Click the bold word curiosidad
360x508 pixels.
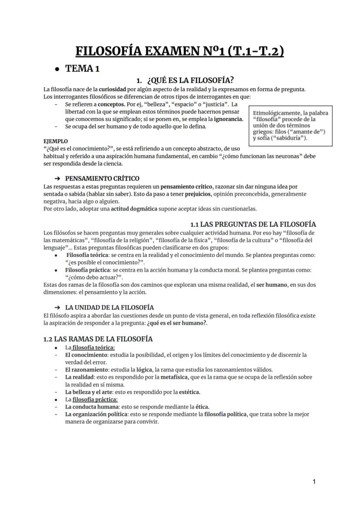tap(113, 90)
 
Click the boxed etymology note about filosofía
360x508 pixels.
tap(290, 126)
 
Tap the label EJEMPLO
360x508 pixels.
tap(56, 141)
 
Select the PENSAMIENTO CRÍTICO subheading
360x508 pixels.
tap(102, 178)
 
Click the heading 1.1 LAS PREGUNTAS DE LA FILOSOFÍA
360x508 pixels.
tap(253, 224)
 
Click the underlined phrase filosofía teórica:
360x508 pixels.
tap(93, 348)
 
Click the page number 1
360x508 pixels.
tap(314, 481)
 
